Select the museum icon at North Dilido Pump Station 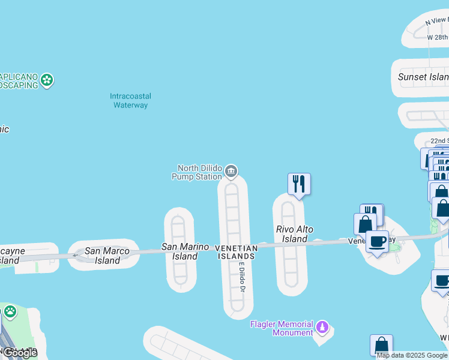click(231, 172)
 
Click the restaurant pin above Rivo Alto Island click(299, 184)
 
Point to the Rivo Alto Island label click(295, 234)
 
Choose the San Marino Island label click(185, 251)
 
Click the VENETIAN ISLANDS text click(236, 252)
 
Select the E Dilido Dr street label click(243, 277)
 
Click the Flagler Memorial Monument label click(282, 328)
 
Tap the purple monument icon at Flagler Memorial click(323, 328)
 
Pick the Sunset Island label click(423, 77)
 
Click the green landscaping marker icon click(47, 80)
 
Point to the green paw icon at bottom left click(10, 311)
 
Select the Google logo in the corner click(20, 353)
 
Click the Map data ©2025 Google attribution click(412, 355)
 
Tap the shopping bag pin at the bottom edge click(381, 346)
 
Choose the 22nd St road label click(439, 140)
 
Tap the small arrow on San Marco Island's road click(75, 256)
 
